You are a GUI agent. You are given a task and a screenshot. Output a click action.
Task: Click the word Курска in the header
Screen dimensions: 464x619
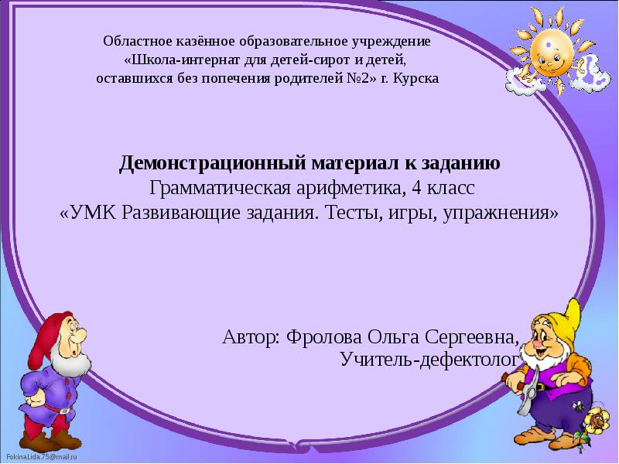tap(419, 79)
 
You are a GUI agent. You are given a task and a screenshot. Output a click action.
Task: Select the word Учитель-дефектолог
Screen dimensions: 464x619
tap(428, 360)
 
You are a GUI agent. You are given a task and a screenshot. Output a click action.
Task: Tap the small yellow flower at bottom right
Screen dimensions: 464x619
tap(596, 421)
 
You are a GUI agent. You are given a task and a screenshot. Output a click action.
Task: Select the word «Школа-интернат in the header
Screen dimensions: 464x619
tap(171, 60)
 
